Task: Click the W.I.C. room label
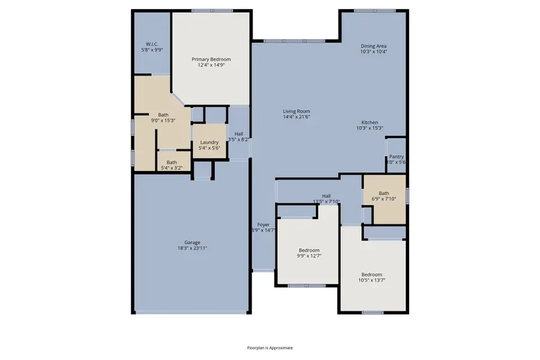click(151, 44)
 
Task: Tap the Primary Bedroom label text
click(211, 59)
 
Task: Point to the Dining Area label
click(373, 46)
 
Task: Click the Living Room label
click(296, 111)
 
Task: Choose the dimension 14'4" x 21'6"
click(296, 117)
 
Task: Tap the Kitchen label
click(370, 122)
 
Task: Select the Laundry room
click(209, 143)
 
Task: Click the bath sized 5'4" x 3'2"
click(172, 165)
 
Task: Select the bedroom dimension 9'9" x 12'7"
click(310, 256)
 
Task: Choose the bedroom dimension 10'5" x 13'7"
click(371, 280)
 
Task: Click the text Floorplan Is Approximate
click(270, 347)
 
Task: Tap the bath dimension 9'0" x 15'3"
click(163, 121)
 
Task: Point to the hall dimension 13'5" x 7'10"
click(326, 202)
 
